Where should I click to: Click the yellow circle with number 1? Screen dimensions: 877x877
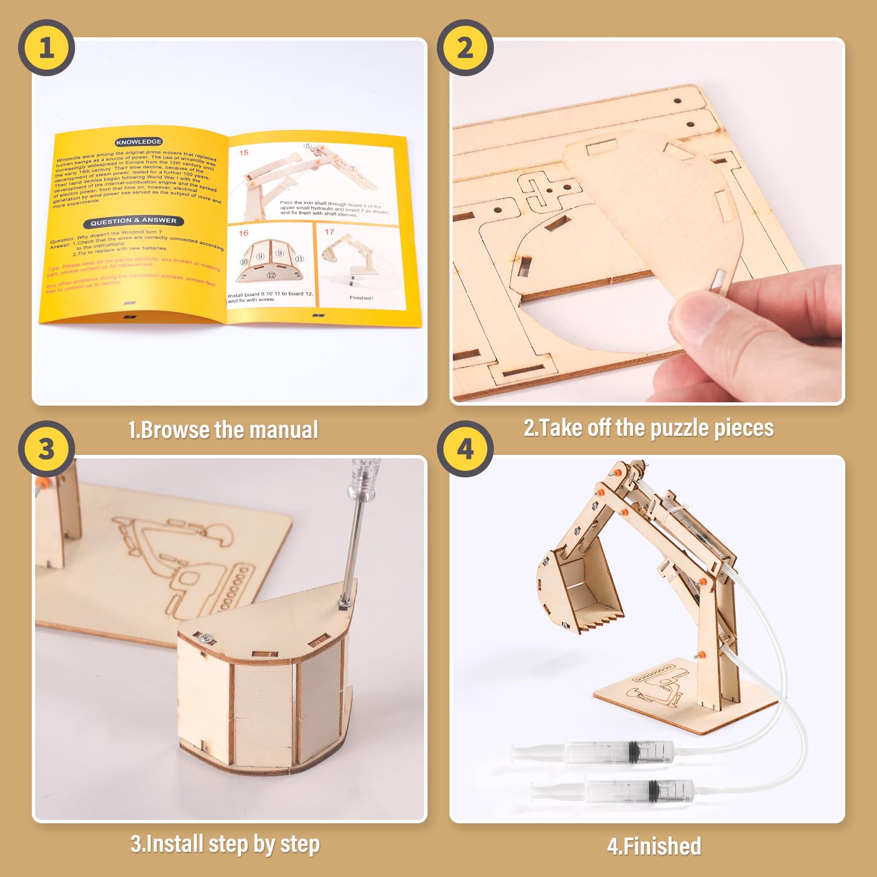47,48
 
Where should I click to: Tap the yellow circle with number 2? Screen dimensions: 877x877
465,48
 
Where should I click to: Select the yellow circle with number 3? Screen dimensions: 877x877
47,449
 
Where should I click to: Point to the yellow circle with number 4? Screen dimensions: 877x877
465,449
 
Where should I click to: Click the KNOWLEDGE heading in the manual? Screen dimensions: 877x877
139,141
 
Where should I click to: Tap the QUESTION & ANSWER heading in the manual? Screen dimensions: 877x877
133,221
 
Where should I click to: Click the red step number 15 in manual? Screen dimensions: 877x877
244,152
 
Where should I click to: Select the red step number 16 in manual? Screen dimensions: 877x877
243,233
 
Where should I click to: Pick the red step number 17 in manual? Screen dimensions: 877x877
329,232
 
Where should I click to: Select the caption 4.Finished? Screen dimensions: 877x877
654,846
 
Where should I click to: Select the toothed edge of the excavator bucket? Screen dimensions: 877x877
603,620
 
